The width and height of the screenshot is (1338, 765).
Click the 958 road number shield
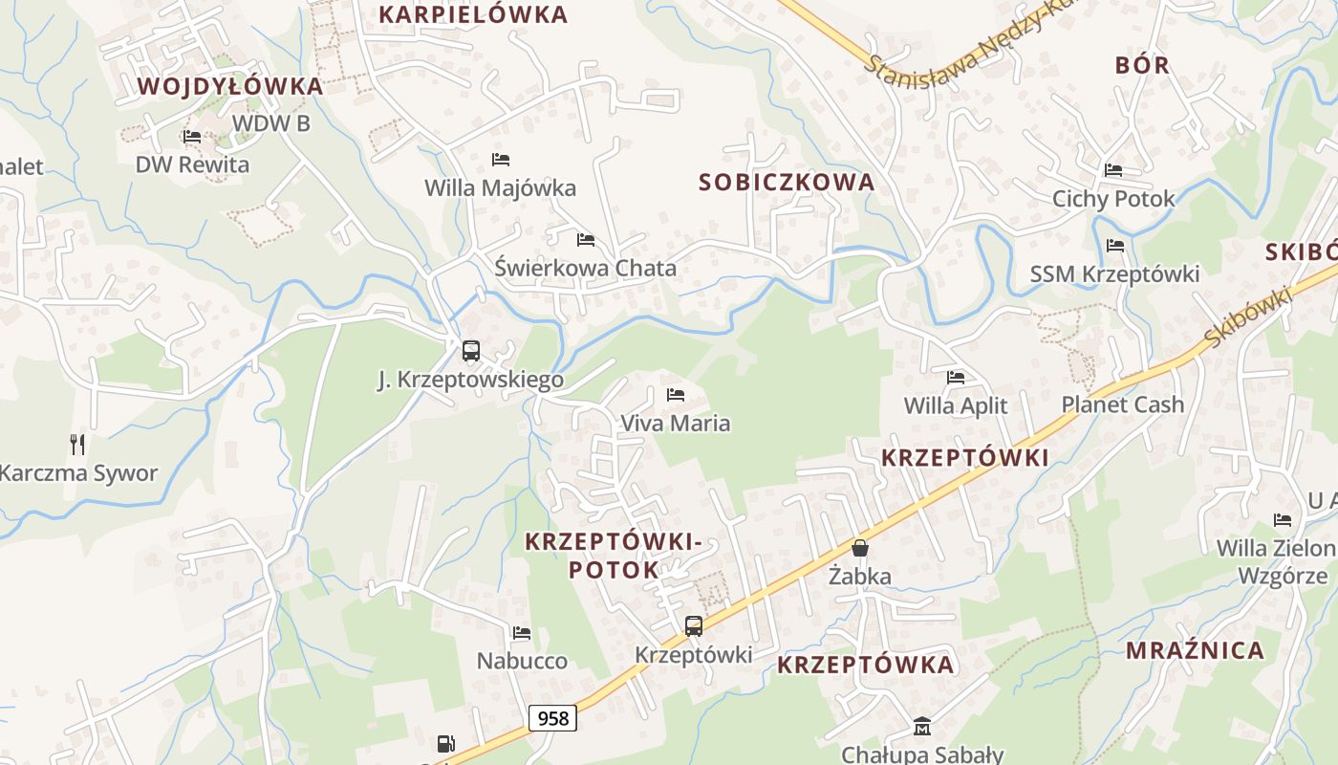(x=552, y=718)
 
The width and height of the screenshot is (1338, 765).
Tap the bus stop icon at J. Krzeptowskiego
(x=470, y=351)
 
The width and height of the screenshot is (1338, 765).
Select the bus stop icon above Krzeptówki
(x=694, y=626)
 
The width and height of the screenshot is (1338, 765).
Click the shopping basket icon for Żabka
(x=860, y=548)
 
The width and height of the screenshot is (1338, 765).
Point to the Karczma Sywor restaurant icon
(x=77, y=444)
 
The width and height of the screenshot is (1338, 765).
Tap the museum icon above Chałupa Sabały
(x=922, y=727)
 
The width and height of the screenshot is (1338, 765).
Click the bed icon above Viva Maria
(x=676, y=394)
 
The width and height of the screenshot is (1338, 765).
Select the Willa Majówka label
(x=500, y=187)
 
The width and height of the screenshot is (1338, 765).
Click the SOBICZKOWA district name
(x=787, y=182)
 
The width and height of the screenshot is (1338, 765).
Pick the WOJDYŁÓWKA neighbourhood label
(x=230, y=86)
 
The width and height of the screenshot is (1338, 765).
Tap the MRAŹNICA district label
(x=1195, y=650)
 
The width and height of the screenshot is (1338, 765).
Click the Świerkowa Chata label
(x=585, y=268)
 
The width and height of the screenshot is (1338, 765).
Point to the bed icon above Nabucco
(x=522, y=633)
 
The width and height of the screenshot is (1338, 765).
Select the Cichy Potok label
(x=1113, y=199)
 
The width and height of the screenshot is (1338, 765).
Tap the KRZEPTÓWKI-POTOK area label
(x=613, y=556)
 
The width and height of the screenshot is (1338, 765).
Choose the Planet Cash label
(x=1122, y=404)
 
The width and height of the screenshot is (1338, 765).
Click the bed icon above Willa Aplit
(x=956, y=378)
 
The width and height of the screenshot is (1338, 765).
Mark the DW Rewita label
(x=192, y=164)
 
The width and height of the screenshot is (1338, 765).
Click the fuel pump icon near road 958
(x=445, y=744)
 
